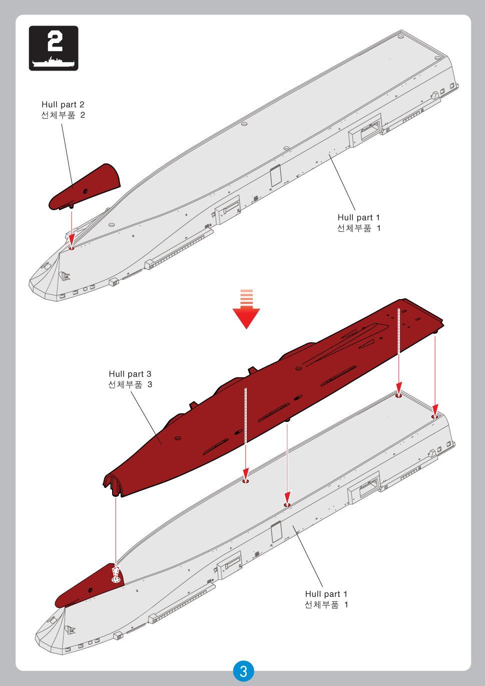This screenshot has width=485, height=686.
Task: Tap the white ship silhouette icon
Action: coord(54,63)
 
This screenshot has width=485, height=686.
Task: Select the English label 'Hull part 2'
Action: coord(63,105)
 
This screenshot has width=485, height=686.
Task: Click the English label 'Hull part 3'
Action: coord(130,374)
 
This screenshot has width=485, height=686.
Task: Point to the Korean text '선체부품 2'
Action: coord(63,115)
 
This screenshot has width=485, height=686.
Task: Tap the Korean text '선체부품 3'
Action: coord(130,385)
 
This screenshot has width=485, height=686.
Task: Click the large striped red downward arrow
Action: coord(246,309)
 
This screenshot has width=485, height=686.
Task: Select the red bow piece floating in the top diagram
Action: coord(85,187)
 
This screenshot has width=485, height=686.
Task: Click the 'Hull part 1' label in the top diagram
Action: coord(358,218)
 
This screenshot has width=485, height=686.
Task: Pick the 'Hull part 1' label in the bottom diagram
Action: coord(326,594)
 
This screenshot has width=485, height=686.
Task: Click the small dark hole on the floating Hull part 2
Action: coord(85,191)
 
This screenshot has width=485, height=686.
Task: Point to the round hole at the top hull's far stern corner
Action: coord(401,37)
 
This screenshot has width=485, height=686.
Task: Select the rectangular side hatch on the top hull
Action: coord(276,176)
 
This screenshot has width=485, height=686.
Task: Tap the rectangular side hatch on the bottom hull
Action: coord(276,532)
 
